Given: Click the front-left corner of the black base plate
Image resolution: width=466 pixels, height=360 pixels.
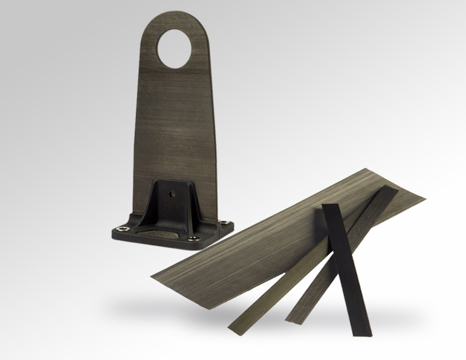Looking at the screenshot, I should (x=114, y=232).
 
